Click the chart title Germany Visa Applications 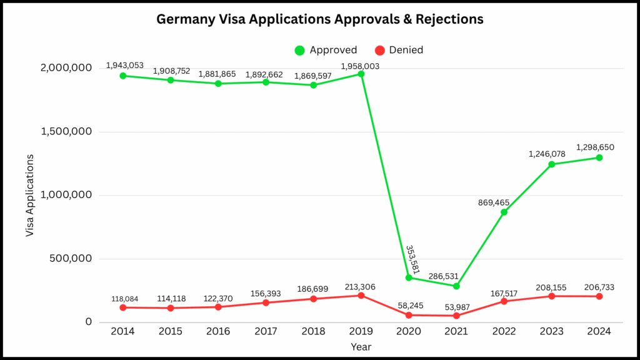(319, 19)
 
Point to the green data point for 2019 (361, 74)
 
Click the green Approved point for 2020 (409, 277)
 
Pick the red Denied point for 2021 (456, 316)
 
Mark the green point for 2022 (504, 212)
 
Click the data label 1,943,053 (124, 65)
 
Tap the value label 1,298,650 (599, 147)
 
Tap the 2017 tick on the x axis (266, 332)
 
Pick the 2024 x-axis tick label (599, 332)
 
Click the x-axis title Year (361, 347)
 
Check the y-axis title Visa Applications (29, 194)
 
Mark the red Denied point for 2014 (123, 307)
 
